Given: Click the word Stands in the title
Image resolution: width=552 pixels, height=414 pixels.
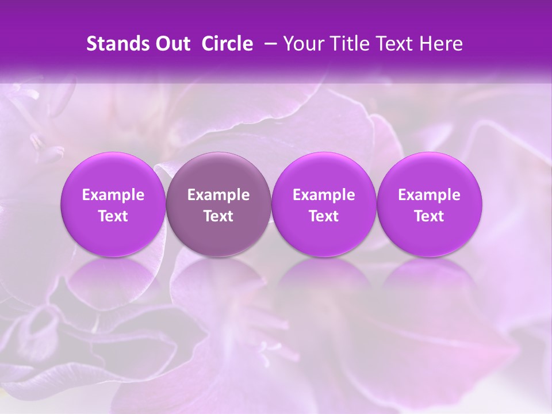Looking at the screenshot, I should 115,44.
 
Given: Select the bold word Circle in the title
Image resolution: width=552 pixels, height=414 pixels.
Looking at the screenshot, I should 228,44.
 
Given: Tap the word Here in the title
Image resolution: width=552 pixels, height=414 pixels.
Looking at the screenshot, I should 440,44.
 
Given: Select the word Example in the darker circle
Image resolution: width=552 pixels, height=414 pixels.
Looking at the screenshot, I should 218,195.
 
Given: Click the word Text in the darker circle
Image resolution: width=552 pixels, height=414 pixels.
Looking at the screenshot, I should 218,216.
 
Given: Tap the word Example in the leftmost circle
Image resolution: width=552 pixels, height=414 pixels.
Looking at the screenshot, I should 113,195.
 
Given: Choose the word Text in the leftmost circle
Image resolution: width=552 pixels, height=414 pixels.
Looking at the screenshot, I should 113,216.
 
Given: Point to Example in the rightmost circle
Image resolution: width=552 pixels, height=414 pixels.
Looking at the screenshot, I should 429,195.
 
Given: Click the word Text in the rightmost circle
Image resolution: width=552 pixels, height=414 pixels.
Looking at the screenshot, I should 429,216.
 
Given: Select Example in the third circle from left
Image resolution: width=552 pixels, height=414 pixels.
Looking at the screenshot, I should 324,195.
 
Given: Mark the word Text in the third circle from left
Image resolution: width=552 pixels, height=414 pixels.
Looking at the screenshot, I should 324,216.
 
